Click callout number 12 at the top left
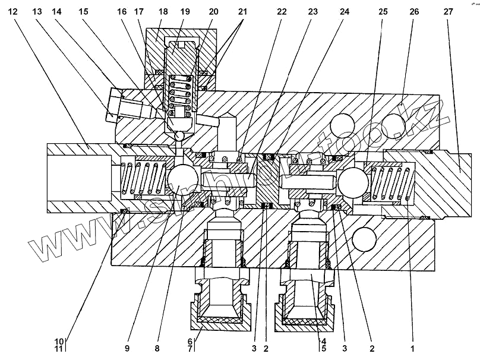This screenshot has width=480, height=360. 14,11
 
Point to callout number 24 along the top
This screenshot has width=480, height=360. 345,11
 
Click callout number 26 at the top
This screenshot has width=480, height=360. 414,11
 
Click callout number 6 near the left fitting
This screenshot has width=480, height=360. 190,342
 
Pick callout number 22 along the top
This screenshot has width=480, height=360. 281,11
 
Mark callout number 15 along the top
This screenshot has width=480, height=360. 83,11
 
